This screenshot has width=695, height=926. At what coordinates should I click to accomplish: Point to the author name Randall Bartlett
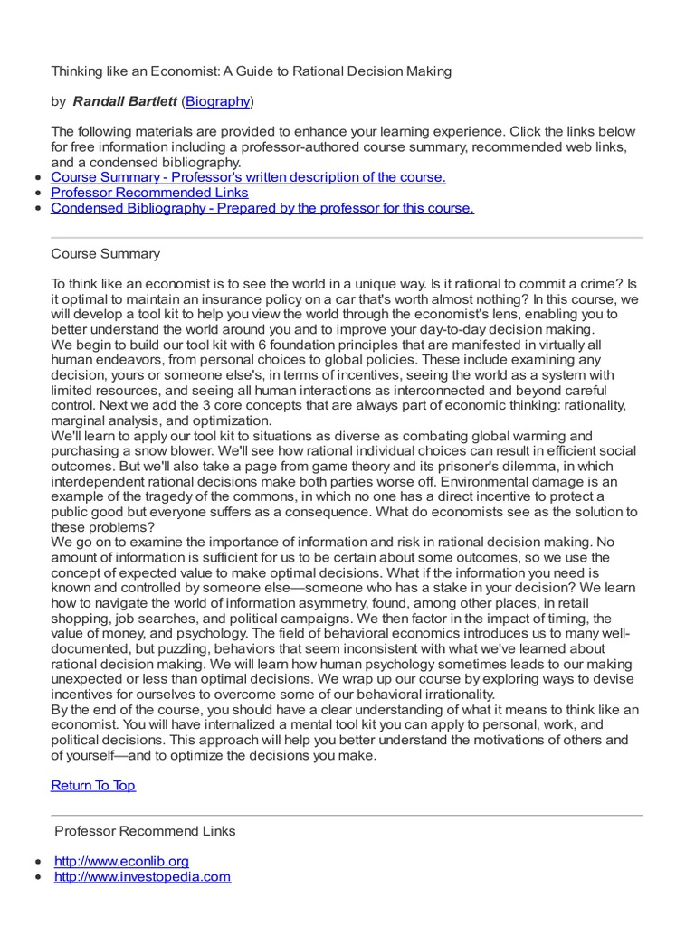coord(125,100)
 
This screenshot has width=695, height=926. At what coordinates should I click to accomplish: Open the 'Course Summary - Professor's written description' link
coord(248,177)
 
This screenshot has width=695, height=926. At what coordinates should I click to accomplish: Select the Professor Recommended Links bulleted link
coord(149,193)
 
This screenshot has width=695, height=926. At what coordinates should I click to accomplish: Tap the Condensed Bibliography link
coord(262,208)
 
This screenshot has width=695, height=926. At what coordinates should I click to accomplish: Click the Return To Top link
coord(93,785)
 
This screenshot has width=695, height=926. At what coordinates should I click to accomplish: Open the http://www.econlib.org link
coord(121,861)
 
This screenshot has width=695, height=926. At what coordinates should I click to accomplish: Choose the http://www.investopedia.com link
coord(142,876)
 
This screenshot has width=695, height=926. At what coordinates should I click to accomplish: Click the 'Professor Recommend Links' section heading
coord(145,830)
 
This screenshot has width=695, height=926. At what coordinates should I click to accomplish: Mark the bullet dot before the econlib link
coord(36,862)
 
